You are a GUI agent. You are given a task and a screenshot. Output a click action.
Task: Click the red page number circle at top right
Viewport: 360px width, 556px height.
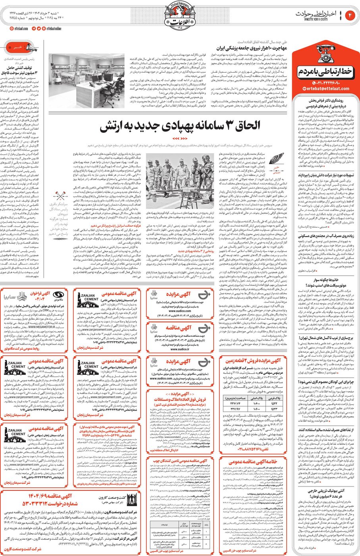click(x=350, y=15)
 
